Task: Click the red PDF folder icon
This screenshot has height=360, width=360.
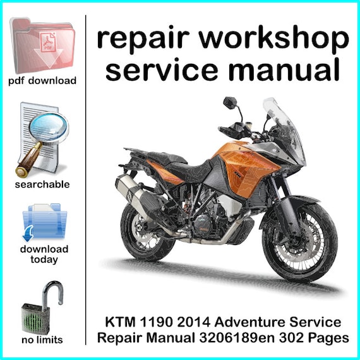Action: [42, 46]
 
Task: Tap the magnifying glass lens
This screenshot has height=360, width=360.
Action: [49, 127]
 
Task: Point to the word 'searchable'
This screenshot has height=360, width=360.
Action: [42, 184]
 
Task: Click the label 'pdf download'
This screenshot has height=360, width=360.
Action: [42, 81]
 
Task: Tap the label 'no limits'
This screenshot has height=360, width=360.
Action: [42, 340]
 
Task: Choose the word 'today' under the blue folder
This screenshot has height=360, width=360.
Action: [44, 260]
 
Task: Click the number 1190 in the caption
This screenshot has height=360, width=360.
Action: [155, 322]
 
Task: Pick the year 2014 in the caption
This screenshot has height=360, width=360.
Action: [193, 322]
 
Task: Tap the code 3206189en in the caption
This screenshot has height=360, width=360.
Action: [237, 338]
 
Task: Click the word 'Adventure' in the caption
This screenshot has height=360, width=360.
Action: [250, 322]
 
